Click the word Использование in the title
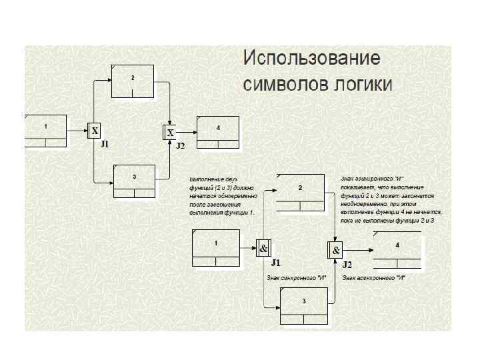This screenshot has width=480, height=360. pos(312,58)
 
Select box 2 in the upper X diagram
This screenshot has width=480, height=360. pos(133,81)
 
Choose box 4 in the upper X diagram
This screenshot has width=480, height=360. pos(217,131)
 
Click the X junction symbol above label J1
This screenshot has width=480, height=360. pos(95,131)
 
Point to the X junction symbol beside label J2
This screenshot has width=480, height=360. pos(170,133)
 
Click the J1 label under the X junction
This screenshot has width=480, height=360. pos(104,144)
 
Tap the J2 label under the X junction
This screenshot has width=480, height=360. pos(180,145)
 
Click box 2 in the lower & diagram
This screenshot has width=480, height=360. pos(301,193)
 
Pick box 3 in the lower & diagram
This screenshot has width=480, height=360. pos(304,306)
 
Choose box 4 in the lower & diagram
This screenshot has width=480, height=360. pos(398,250)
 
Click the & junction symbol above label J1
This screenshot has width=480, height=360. pos(263,249)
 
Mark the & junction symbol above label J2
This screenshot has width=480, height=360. pos(336,250)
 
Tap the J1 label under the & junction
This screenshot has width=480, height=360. pos(275,263)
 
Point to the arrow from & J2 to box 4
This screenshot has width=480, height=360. pos(358,250)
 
